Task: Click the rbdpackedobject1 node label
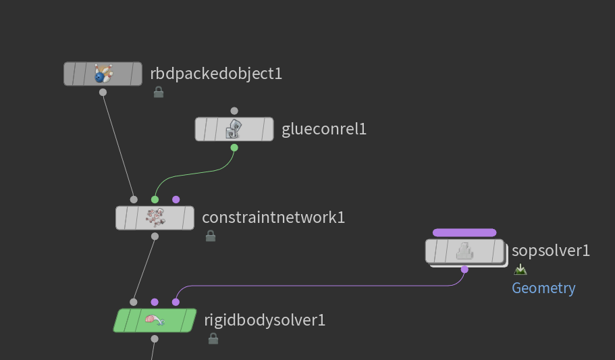(x=216, y=74)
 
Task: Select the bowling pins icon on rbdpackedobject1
(x=103, y=74)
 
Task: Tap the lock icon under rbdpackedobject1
(x=159, y=92)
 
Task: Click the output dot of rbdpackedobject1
(x=103, y=93)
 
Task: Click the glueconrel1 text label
(x=324, y=129)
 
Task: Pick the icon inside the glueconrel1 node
(x=234, y=128)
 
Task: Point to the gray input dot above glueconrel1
(x=234, y=111)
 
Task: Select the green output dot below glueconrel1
(x=234, y=147)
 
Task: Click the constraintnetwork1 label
(x=273, y=217)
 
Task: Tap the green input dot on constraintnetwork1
(x=155, y=199)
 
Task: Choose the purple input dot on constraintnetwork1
(x=176, y=199)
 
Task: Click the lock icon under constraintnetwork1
(x=211, y=236)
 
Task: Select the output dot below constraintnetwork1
(x=155, y=236)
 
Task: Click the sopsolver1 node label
(x=551, y=251)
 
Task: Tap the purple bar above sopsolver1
(x=464, y=232)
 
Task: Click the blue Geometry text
(x=543, y=288)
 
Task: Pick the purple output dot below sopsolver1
(x=464, y=269)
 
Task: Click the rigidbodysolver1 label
(x=265, y=320)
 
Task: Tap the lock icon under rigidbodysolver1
(x=213, y=338)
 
